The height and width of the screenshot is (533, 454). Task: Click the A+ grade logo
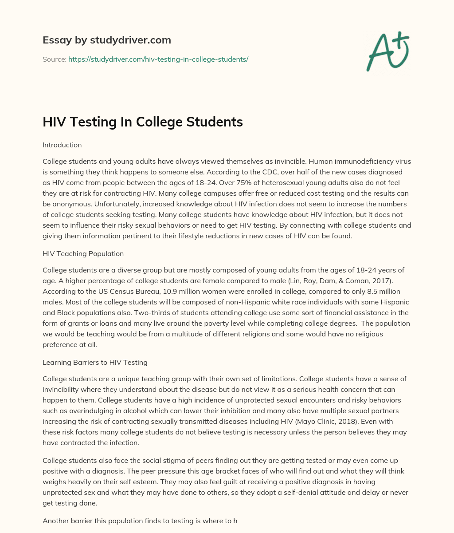coord(387,52)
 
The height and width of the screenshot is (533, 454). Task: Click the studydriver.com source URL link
coord(158,59)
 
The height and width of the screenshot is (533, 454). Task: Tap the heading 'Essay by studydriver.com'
coord(106,40)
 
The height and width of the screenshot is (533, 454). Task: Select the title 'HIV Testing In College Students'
coord(142,122)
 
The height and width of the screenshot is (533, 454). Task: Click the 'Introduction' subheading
coord(62,145)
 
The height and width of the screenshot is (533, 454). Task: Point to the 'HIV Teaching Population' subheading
coord(83,253)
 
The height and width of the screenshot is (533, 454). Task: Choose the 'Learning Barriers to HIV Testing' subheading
coord(95,362)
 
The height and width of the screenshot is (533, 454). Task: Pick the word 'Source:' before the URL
coord(55,59)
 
